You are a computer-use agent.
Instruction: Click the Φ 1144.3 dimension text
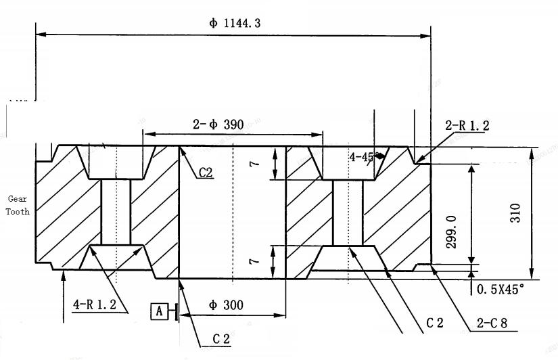pyautogui.click(x=235, y=23)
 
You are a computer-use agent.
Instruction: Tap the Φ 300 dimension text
pyautogui.click(x=226, y=305)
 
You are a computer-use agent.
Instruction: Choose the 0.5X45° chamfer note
pyautogui.click(x=501, y=289)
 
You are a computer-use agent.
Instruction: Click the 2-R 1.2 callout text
pyautogui.click(x=467, y=125)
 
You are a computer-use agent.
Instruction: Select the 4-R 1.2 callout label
pyautogui.click(x=95, y=305)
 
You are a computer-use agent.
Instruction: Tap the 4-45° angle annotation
pyautogui.click(x=364, y=157)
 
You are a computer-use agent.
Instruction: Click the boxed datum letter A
pyautogui.click(x=160, y=311)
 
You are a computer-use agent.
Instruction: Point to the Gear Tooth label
pyautogui.click(x=18, y=205)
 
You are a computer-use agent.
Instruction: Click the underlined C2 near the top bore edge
pyautogui.click(x=206, y=173)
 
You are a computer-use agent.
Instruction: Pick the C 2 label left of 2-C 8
pyautogui.click(x=435, y=323)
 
